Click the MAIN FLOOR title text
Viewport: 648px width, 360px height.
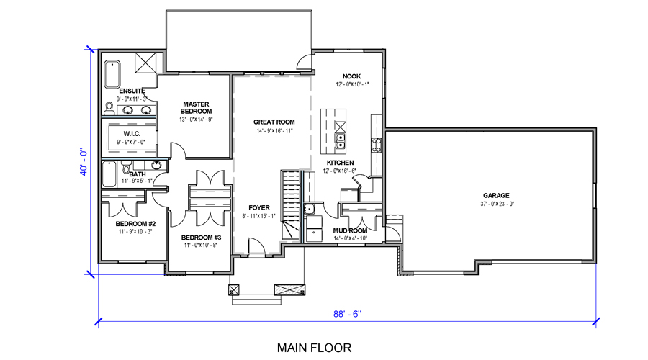(x=314, y=348)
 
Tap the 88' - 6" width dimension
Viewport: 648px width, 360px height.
(x=347, y=314)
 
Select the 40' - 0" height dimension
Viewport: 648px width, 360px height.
(x=84, y=162)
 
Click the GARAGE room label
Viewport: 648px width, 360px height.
(x=496, y=196)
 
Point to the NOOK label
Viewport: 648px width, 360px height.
(x=351, y=76)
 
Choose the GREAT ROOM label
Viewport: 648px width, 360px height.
(x=274, y=122)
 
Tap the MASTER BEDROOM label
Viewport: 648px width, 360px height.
(x=197, y=108)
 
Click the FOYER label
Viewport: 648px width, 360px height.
(x=259, y=208)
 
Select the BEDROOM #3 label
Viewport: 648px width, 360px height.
(x=202, y=238)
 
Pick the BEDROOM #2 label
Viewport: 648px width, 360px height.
(x=135, y=224)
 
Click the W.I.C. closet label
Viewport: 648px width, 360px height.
(x=132, y=134)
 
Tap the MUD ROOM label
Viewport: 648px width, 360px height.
(x=350, y=230)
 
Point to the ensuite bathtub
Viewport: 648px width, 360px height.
(x=112, y=74)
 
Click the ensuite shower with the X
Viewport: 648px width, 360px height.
(x=145, y=63)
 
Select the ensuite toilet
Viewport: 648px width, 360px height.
(x=109, y=109)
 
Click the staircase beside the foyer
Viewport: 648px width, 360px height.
(x=291, y=204)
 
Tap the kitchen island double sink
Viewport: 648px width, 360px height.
(x=340, y=141)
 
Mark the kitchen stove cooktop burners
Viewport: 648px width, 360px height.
(x=377, y=145)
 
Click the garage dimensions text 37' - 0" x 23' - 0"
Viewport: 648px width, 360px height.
(x=497, y=204)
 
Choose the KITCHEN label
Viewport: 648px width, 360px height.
(x=340, y=163)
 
